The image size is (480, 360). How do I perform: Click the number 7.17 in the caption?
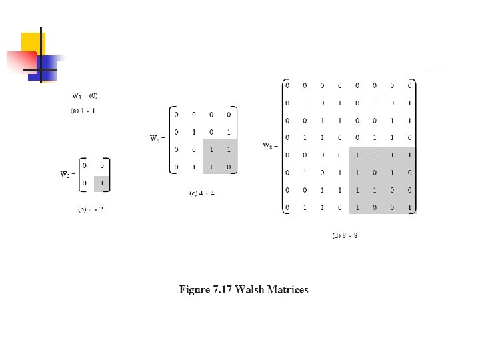tap(221, 289)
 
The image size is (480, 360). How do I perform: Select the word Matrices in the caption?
tap(287, 289)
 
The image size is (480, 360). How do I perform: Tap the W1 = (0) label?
tap(85, 97)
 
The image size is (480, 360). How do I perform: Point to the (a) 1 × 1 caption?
tap(83, 111)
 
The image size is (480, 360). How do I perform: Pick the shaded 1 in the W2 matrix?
tap(101, 181)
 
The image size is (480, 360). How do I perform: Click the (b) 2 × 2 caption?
tap(91, 209)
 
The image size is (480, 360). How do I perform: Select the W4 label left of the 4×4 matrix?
tap(157, 139)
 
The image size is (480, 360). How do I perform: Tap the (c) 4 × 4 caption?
tap(202, 193)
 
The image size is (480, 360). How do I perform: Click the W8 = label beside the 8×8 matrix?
tap(269, 145)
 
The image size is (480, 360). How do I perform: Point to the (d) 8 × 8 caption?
tap(345, 235)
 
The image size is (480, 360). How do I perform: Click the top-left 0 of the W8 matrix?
tap(287, 85)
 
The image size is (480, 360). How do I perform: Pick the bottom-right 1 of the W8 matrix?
tap(410, 208)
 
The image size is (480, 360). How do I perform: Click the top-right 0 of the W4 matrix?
tap(229, 115)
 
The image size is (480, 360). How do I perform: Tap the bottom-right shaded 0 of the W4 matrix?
tap(229, 167)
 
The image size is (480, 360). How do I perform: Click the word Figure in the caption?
tap(194, 289)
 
